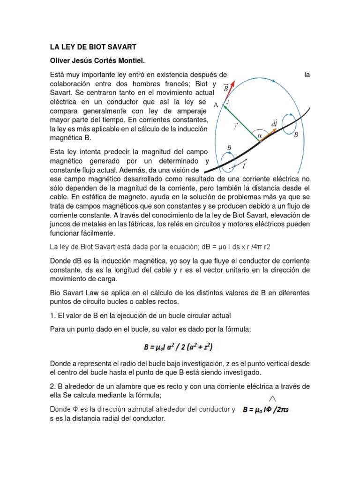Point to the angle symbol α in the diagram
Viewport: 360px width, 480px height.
click(259, 135)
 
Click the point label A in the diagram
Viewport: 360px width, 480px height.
click(216, 105)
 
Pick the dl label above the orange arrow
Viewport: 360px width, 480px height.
click(274, 123)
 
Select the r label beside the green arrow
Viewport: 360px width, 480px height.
click(236, 126)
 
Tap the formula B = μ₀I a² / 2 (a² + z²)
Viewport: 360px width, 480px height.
click(180, 347)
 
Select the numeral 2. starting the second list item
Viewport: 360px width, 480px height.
click(52, 386)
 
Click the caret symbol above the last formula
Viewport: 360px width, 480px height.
click(271, 398)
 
